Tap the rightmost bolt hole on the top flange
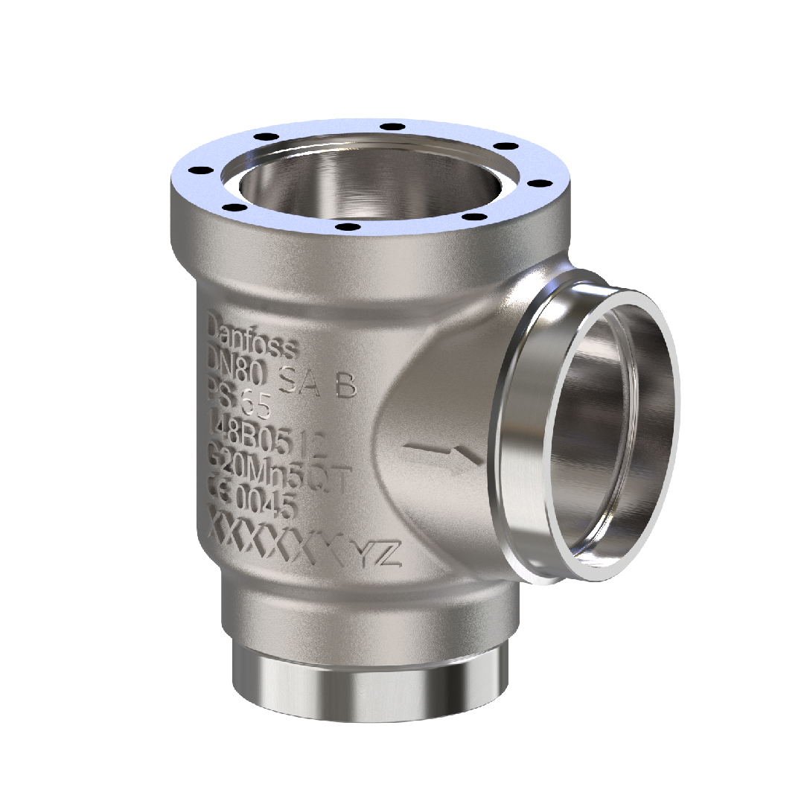pyautogui.click(x=545, y=182)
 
